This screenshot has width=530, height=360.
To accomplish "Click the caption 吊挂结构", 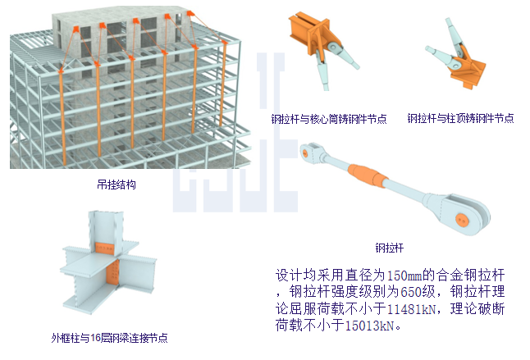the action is coord(117,185).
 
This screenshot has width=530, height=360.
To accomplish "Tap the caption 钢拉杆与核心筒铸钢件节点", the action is coord(329,119).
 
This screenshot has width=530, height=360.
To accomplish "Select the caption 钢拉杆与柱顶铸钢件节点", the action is coord(460,118).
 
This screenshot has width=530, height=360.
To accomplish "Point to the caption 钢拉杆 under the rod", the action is coord(390,248).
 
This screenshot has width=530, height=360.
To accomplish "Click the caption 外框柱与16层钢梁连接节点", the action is coord(109,338).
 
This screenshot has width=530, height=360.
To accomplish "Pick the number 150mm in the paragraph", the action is coord(404,276).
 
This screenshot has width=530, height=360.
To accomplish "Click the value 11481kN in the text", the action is coord(411,308).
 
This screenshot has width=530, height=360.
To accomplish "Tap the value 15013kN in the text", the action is coord(370,326).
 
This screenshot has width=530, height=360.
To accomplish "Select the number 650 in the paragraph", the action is coord(411,292).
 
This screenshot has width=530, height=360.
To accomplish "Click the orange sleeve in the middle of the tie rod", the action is coord(368,175).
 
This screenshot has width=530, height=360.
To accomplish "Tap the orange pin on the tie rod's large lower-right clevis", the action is coord(462,221).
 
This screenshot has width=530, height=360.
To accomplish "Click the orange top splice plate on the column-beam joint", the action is coord(105,248).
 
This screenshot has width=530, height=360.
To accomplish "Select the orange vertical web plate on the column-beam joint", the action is coord(112,273).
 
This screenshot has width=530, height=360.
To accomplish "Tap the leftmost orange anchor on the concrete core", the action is coord(75,30).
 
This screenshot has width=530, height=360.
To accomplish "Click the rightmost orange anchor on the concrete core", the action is coord(190,13).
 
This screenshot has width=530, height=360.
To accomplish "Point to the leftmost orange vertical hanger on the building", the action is coord(62,118).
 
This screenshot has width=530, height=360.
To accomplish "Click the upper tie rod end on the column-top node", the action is coord(453,36).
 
